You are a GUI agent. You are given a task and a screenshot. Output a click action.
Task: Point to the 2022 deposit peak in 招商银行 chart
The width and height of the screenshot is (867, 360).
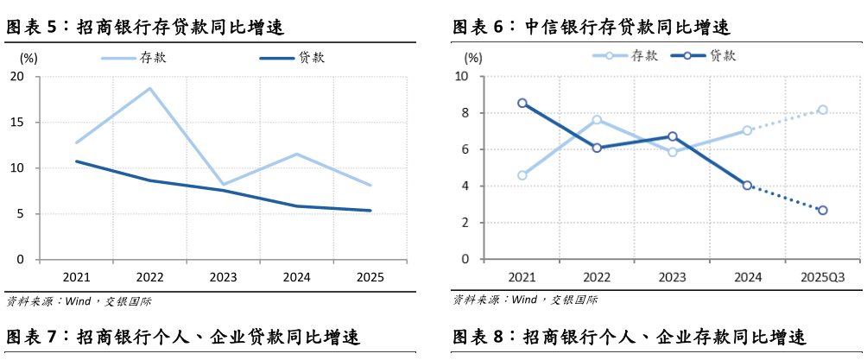pos(150,88)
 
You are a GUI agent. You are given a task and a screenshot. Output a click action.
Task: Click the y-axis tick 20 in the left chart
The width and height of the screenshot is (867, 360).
pos(17,77)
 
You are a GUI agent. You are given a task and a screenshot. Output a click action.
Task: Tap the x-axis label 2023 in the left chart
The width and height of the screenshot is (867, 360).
pos(224,278)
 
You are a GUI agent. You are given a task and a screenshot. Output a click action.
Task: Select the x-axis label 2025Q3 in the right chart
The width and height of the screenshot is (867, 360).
pos(822,277)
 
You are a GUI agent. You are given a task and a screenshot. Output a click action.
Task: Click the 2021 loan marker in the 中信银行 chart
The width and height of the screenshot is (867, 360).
pos(522,103)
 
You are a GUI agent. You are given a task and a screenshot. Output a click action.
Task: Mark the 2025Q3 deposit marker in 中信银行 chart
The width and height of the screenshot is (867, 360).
pos(823,110)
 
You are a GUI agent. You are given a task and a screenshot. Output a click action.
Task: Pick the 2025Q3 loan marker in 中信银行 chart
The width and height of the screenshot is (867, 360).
pos(823,210)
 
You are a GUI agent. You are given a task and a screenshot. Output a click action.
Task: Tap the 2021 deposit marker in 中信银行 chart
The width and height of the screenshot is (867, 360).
pos(522,175)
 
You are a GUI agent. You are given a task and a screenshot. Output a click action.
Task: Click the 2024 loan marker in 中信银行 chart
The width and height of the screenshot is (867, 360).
pos(748,185)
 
